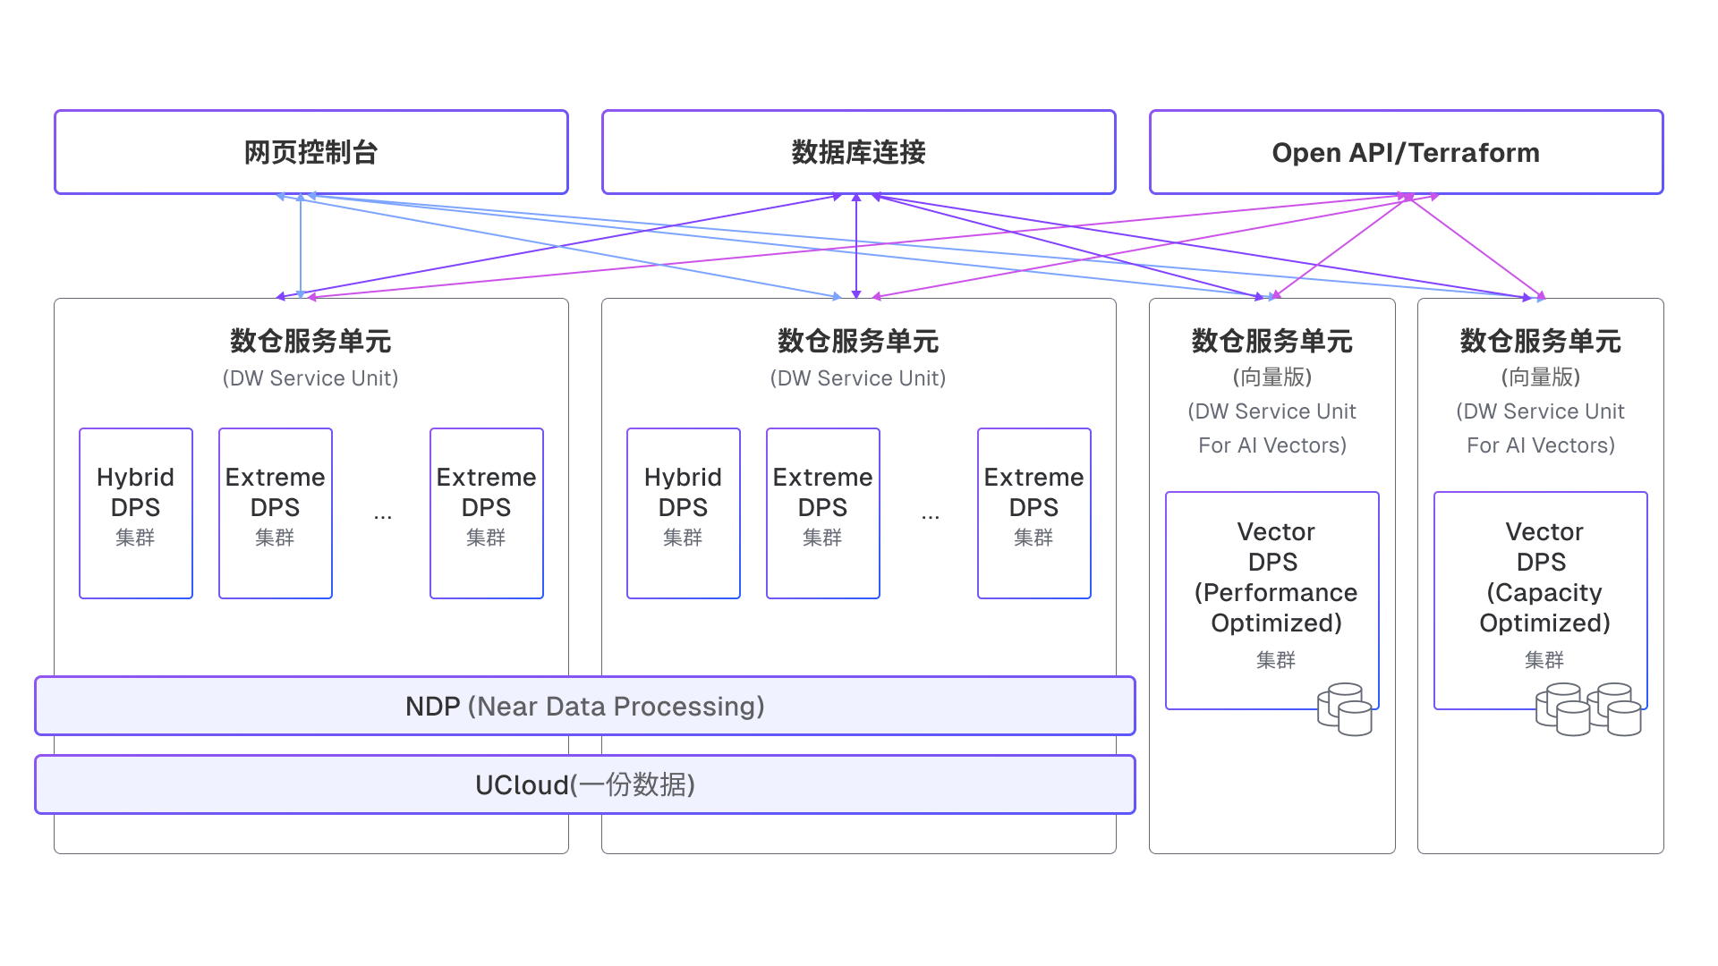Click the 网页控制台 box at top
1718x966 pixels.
tap(310, 152)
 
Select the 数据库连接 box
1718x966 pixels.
tap(858, 152)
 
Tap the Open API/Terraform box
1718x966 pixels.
tap(1406, 152)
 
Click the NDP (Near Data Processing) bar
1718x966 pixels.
tap(584, 706)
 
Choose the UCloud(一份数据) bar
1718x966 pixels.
tap(584, 784)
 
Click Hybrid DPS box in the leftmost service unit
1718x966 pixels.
tap(136, 513)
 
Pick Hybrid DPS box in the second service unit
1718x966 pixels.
tap(684, 513)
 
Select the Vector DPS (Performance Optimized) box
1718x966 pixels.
tap(1271, 590)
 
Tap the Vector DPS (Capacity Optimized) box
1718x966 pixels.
tap(1540, 590)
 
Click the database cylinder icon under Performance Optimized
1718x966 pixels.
tap(1345, 709)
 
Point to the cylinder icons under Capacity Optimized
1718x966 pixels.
tap(1589, 710)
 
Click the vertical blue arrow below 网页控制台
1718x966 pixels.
tap(301, 246)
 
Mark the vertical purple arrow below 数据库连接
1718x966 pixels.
tap(856, 246)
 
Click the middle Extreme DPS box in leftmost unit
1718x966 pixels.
tap(276, 513)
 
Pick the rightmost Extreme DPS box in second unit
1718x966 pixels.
tap(1034, 513)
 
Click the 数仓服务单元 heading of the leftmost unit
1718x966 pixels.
tap(310, 341)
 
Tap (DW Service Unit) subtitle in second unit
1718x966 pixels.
tap(858, 378)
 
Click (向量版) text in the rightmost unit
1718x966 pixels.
tap(1540, 377)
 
